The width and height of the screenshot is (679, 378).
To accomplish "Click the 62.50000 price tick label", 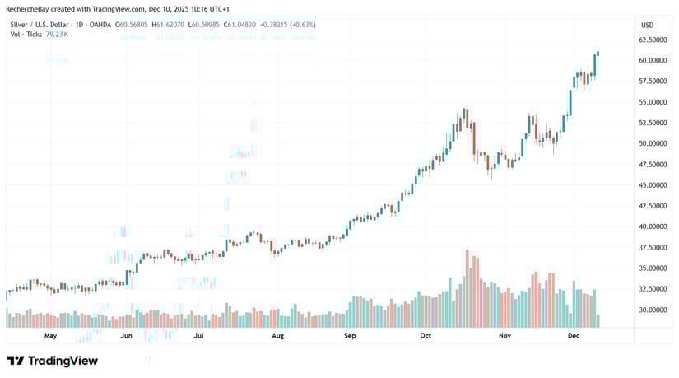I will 652,40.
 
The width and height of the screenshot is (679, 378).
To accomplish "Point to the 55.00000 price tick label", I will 652,102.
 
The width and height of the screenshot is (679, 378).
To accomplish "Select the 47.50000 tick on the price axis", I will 652,165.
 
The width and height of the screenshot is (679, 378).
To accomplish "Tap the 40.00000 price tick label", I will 652,226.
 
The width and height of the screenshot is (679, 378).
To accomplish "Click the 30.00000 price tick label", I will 652,310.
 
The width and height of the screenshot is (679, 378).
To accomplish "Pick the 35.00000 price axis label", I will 652,268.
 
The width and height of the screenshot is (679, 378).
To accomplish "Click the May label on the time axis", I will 50,336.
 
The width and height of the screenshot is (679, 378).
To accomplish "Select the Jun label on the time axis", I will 126,336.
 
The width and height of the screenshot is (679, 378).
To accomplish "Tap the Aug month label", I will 277,336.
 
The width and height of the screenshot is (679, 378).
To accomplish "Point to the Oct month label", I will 426,336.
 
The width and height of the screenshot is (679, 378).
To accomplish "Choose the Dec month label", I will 574,336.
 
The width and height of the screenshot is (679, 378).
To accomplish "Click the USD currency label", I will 647,25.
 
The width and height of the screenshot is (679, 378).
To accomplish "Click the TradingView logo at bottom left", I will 52,361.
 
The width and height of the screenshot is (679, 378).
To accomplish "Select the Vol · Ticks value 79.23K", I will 57,35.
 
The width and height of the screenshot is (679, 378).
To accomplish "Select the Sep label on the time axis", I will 350,336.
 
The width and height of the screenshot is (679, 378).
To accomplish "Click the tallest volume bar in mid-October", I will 467,288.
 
